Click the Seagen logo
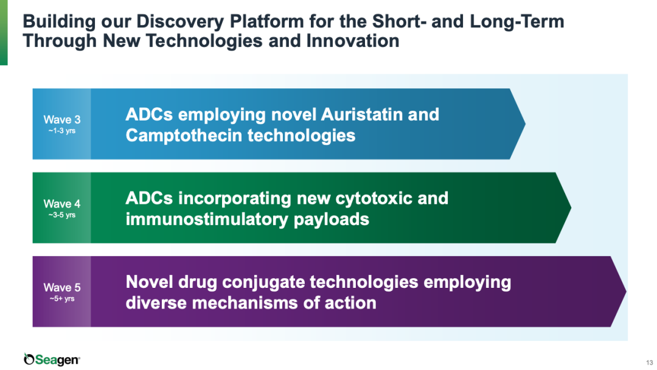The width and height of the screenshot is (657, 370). pyautogui.click(x=52, y=359)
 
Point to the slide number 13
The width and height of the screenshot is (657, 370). pyautogui.click(x=649, y=363)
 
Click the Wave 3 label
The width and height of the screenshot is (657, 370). pyautogui.click(x=62, y=119)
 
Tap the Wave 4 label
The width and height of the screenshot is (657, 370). pyautogui.click(x=62, y=204)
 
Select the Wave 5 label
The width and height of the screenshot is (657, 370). pyautogui.click(x=62, y=287)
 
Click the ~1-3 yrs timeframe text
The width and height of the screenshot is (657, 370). pyautogui.click(x=62, y=131)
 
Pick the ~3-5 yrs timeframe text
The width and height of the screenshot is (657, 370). pyautogui.click(x=62, y=215)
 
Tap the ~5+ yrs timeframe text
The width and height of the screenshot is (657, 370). pyautogui.click(x=62, y=299)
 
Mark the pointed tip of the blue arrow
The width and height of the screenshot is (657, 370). pyautogui.click(x=524, y=124)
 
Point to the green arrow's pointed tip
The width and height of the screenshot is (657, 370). pyautogui.click(x=570, y=208)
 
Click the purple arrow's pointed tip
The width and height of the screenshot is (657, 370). pyautogui.click(x=625, y=291)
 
